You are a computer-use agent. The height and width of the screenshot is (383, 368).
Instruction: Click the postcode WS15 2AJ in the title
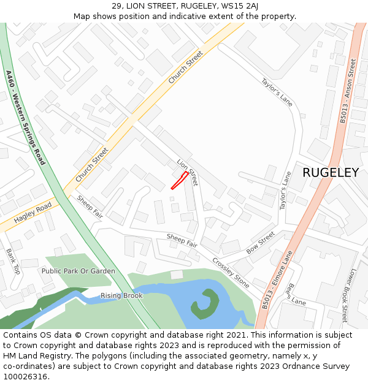point(240,6)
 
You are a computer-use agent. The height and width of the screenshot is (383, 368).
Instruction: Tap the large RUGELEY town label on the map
point(331,173)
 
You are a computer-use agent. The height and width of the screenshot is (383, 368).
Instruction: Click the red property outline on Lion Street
point(179,181)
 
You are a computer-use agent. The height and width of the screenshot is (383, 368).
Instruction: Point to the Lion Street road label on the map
point(188,173)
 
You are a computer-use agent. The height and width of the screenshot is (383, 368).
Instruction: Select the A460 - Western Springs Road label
point(25,117)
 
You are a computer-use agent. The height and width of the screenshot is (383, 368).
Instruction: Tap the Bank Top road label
point(13,261)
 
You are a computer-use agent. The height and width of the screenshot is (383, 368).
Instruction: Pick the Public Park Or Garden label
point(79,271)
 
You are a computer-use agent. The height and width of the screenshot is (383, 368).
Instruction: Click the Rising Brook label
point(121,296)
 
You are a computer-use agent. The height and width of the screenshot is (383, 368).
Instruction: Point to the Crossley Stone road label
point(231,272)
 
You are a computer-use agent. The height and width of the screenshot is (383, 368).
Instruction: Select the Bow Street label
point(261,243)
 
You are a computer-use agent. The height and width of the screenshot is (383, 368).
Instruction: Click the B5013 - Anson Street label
point(348,91)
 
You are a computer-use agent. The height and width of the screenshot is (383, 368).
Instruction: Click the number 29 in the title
point(117,6)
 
